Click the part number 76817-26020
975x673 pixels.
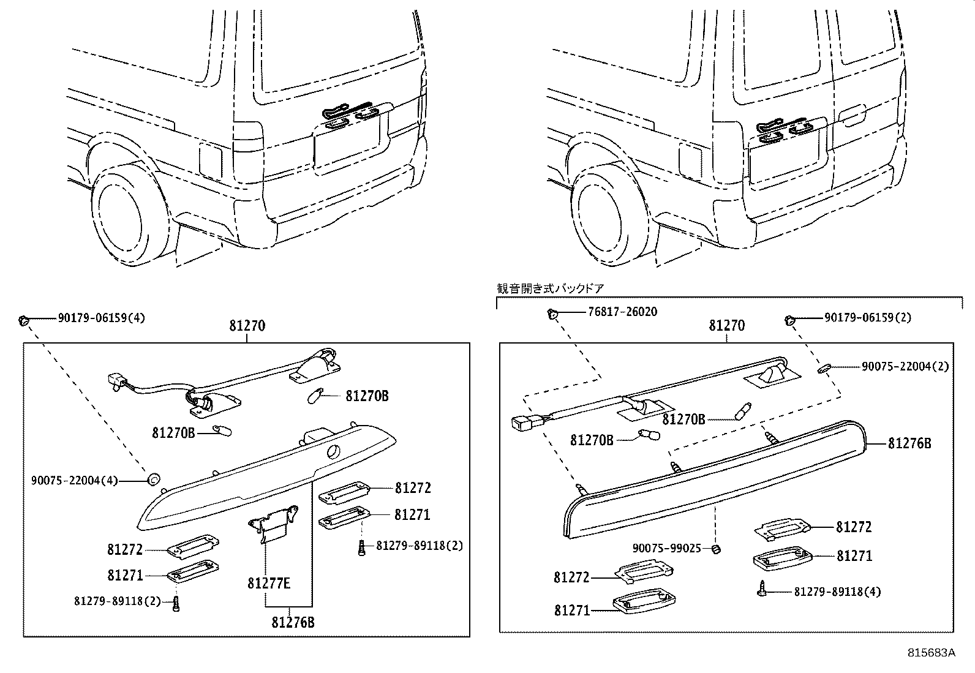click(x=622, y=312)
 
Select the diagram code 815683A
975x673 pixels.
click(x=931, y=653)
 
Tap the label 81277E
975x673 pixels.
click(x=269, y=583)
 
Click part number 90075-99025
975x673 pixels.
click(x=667, y=549)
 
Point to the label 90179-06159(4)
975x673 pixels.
click(x=102, y=318)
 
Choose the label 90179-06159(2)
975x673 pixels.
click(x=868, y=317)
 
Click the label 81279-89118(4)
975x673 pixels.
click(x=837, y=592)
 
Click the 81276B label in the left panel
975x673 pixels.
click(x=293, y=623)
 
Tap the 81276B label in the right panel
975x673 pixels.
click(x=909, y=443)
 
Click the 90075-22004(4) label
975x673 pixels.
click(x=74, y=481)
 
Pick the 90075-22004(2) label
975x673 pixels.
click(x=905, y=366)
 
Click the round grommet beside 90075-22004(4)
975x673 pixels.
click(x=154, y=478)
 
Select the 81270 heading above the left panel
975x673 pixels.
click(x=247, y=326)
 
